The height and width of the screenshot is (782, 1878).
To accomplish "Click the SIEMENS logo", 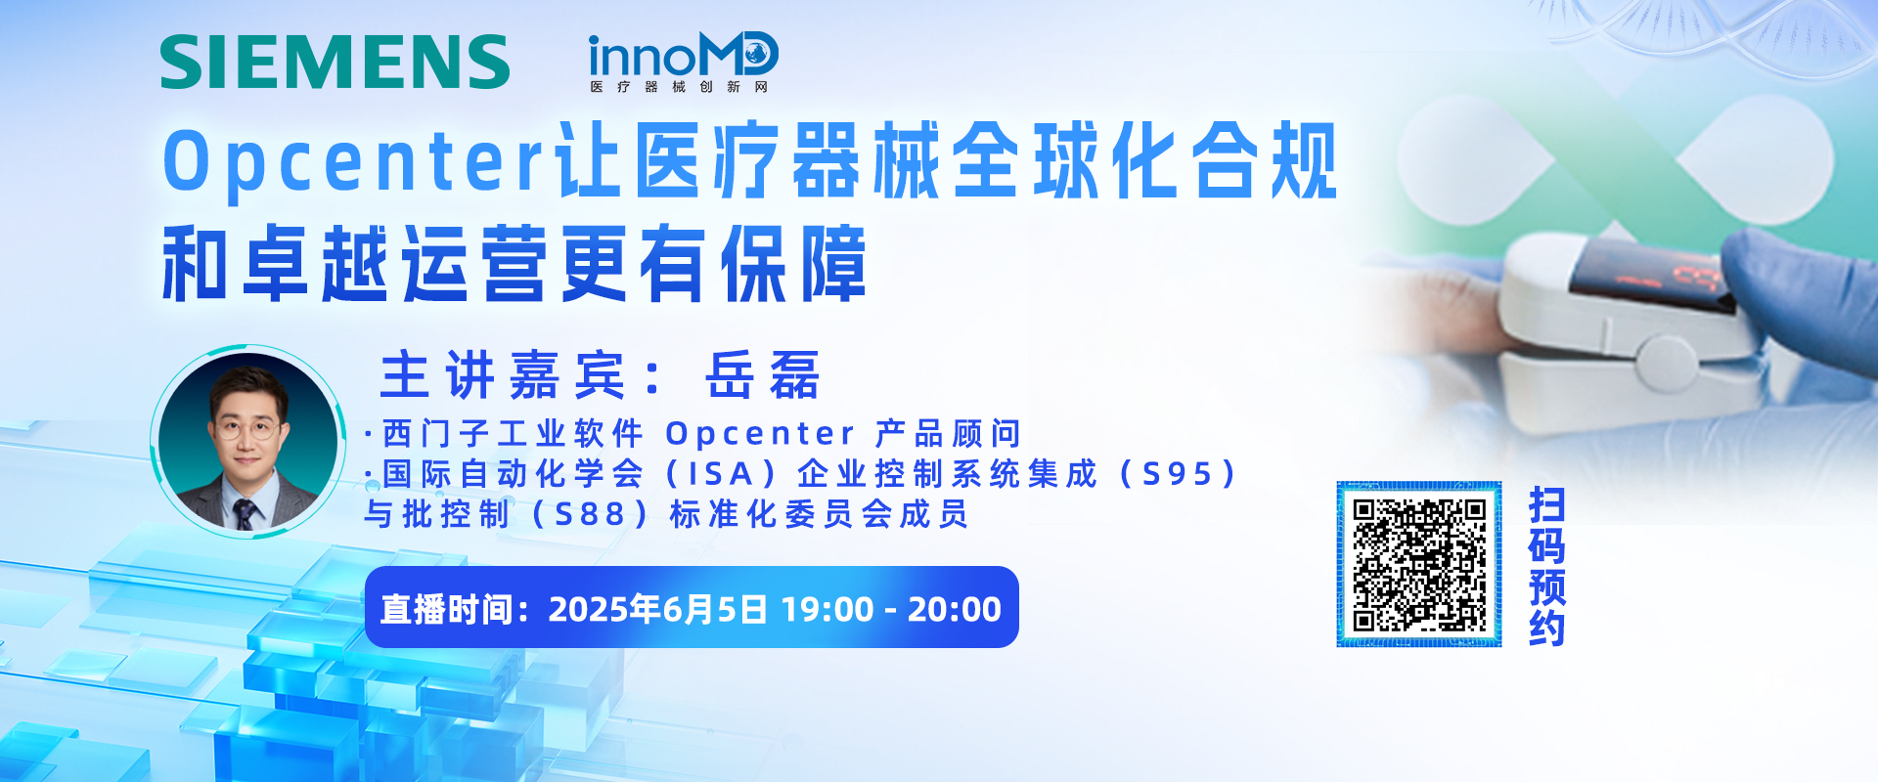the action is [x=335, y=63].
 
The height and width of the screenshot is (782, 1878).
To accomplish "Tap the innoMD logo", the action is [x=683, y=63].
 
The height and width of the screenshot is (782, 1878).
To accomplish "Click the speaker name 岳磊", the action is [x=762, y=375].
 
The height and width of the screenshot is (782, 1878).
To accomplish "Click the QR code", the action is [x=1419, y=564].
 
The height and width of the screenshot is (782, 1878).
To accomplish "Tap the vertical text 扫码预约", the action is [x=1547, y=566].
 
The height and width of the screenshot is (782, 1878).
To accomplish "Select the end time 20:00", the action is [x=955, y=609].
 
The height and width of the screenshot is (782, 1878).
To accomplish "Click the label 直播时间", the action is [x=446, y=609].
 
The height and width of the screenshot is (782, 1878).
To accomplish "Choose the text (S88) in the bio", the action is [x=589, y=514].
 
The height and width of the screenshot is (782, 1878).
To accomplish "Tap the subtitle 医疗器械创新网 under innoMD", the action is [x=679, y=87].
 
